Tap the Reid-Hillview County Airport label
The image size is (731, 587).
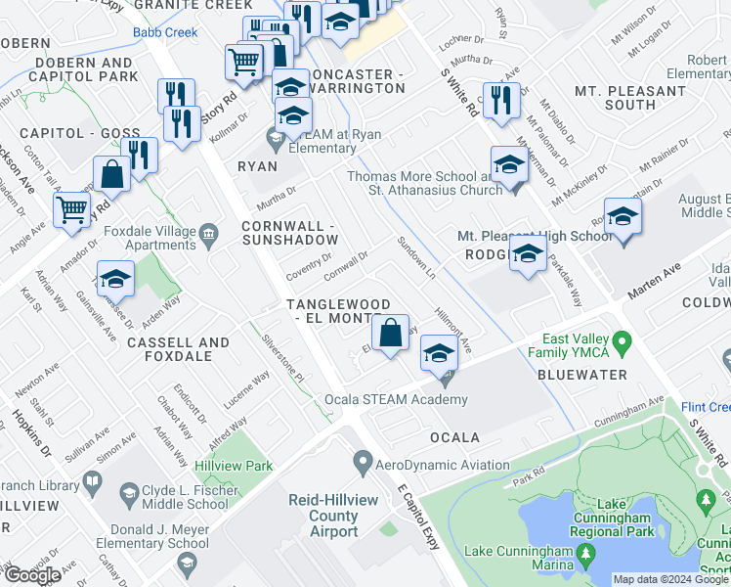coord(322,516)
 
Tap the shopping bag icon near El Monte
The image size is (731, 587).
coord(390,332)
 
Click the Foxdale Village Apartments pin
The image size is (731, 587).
coord(208,235)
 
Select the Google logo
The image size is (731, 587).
coord(32,575)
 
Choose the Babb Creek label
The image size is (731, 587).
coord(164,32)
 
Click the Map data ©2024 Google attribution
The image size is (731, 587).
coord(669,579)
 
